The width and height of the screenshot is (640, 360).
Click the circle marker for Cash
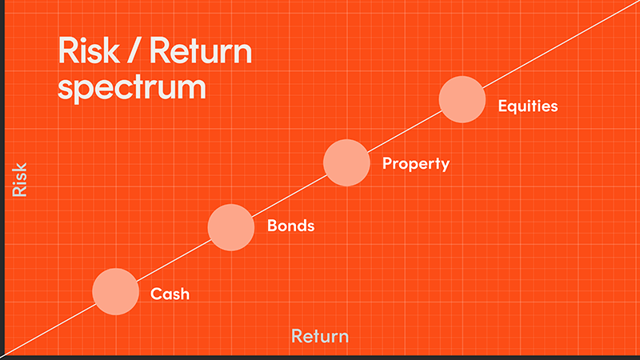click(115, 291)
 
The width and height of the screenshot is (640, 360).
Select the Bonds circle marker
click(231, 227)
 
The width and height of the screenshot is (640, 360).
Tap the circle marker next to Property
click(346, 162)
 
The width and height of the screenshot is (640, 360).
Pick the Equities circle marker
click(462, 99)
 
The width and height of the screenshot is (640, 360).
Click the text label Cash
click(170, 294)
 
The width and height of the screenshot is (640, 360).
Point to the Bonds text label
click(290, 226)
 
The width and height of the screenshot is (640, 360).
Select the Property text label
click(416, 164)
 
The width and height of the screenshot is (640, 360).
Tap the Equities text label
click(528, 106)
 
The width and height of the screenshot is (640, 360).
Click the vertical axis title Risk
click(19, 179)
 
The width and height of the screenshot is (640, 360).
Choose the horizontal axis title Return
click(320, 336)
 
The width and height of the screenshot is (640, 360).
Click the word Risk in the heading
click(89, 50)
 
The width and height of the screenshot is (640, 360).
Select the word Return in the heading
click(201, 50)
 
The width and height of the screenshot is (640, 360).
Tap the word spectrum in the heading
click(131, 88)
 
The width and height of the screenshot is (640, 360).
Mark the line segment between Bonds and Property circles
click(289, 195)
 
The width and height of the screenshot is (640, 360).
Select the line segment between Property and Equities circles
click(405, 131)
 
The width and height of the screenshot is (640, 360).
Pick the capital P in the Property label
click(387, 162)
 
